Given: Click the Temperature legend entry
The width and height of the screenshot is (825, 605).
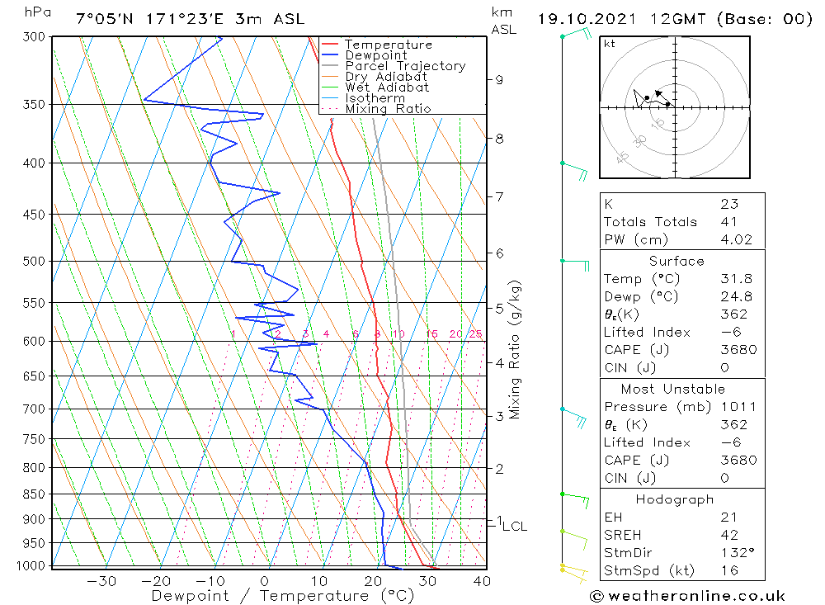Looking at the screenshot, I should click(x=388, y=45).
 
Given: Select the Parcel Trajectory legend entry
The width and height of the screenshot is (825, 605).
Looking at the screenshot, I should click(x=404, y=66).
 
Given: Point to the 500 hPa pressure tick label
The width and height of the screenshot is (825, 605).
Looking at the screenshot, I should click(x=35, y=261).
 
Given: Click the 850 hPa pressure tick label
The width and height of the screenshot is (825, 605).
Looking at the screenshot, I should click(x=35, y=494).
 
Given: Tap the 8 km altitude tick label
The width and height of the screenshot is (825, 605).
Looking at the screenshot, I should click(x=499, y=139).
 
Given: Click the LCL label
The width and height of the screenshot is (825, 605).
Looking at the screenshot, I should click(x=514, y=526).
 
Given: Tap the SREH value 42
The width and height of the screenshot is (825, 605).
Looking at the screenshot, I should click(x=728, y=535).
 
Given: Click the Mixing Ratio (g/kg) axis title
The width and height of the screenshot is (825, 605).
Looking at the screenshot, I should click(x=515, y=349).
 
